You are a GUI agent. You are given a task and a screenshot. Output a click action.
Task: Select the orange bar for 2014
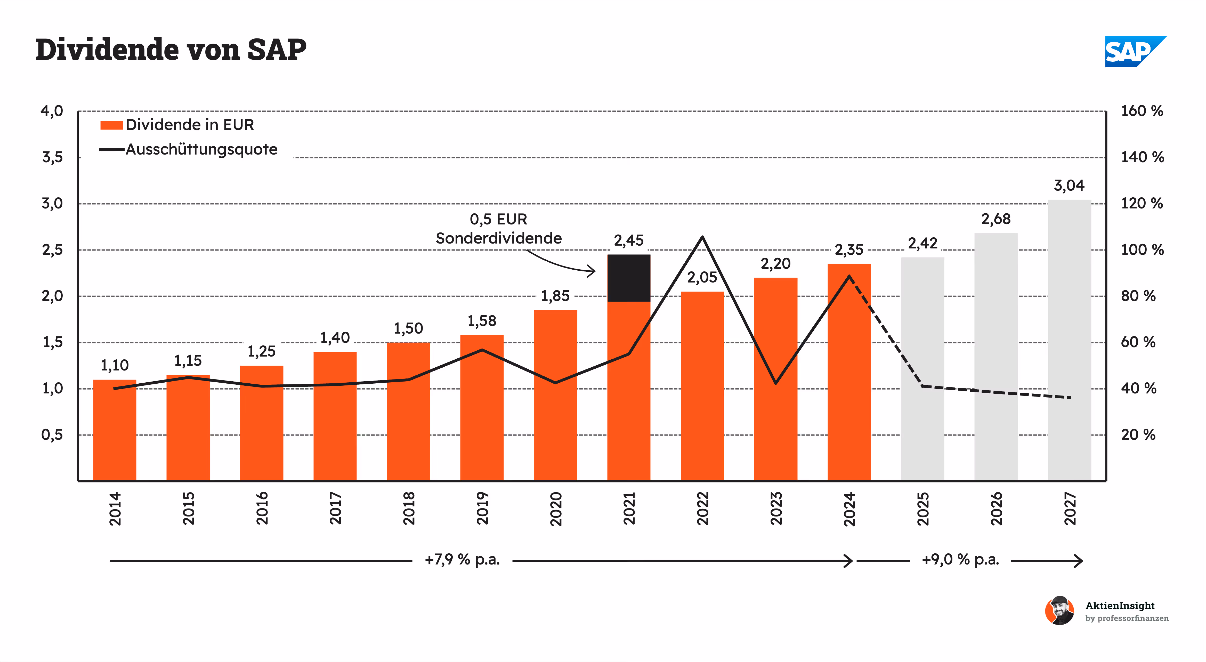tap(115, 431)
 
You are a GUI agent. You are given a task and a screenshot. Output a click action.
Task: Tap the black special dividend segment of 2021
tap(629, 278)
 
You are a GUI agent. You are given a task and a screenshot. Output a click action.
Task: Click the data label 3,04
tap(1069, 185)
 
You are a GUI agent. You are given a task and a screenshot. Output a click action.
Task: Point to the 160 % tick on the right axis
tap(1142, 111)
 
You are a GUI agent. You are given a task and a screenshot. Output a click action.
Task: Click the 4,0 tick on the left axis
tap(52, 111)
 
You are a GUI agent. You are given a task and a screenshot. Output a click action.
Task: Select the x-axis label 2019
tap(482, 508)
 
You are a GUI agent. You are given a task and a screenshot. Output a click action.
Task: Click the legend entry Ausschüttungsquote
tap(201, 149)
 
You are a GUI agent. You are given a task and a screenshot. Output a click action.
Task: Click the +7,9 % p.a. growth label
tap(462, 560)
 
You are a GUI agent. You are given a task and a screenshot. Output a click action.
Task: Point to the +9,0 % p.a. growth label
tap(960, 560)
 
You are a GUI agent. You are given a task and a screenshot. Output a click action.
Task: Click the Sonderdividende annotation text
tap(499, 238)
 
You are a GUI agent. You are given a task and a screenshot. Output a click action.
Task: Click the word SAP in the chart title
tap(276, 50)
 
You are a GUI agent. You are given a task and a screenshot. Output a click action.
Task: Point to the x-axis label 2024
tap(849, 508)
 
